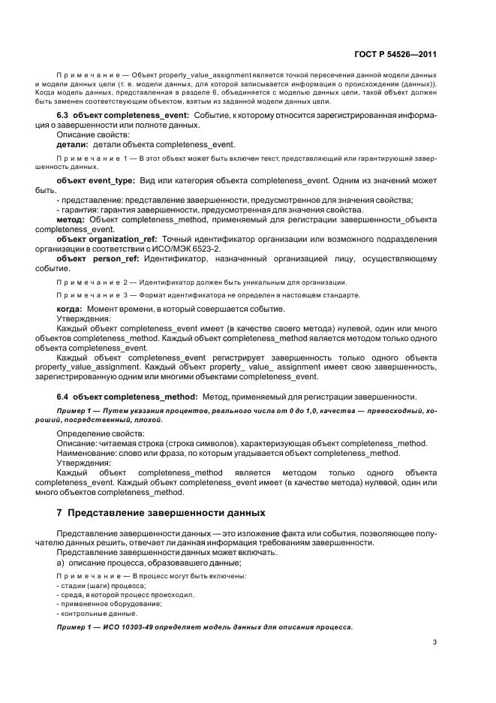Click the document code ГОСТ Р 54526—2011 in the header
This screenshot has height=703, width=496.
(395, 55)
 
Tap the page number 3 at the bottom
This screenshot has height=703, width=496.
(434, 642)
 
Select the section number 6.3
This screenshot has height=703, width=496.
(65, 115)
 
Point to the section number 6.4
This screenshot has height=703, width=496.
(65, 396)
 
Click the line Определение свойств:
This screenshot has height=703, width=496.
(94, 433)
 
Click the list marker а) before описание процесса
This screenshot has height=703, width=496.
(61, 563)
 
